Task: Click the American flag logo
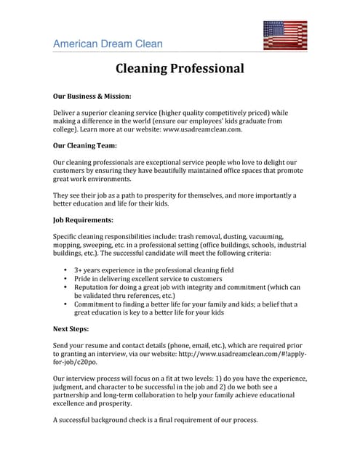pyautogui.click(x=284, y=35)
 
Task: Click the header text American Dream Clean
pyautogui.click(x=108, y=44)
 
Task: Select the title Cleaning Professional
pyautogui.click(x=180, y=70)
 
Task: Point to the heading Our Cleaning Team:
pyautogui.click(x=85, y=145)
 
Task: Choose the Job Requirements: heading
pyautogui.click(x=83, y=219)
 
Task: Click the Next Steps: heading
pyautogui.click(x=71, y=328)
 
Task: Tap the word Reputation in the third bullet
pyautogui.click(x=93, y=287)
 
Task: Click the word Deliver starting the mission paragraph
pyautogui.click(x=66, y=113)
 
